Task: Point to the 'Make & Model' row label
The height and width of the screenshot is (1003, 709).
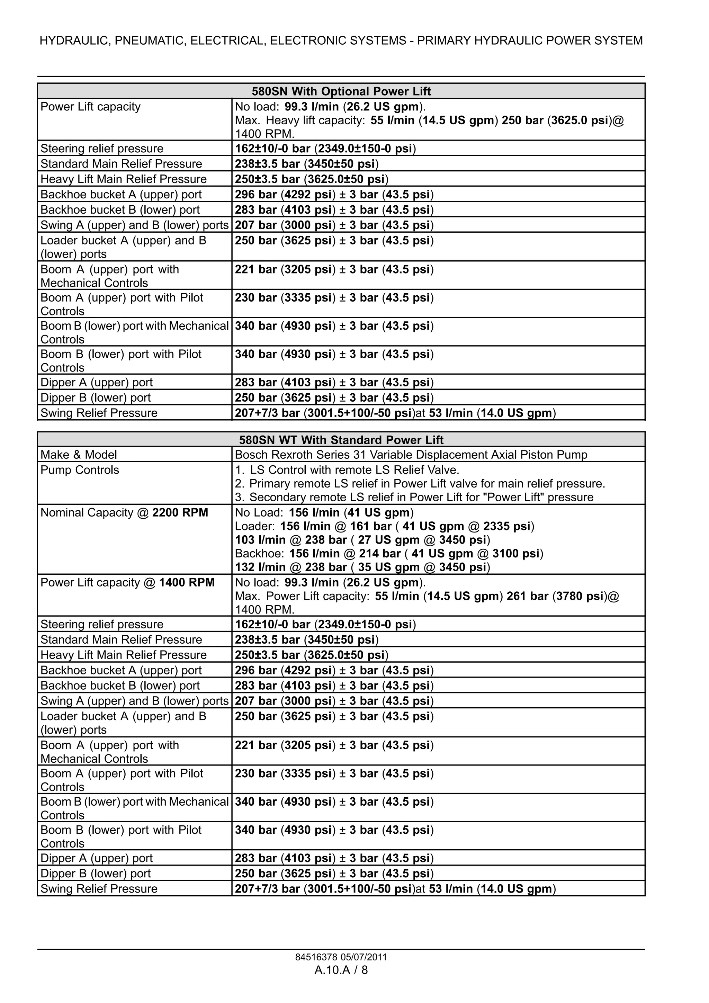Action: coord(79,455)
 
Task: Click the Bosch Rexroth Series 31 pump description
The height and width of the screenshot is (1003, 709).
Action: coord(411,455)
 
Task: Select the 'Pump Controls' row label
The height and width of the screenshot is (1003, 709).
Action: coord(80,470)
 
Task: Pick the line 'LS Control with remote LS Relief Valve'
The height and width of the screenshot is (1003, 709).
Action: coord(354,470)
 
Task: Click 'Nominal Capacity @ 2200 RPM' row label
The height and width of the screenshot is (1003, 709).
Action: coord(124,512)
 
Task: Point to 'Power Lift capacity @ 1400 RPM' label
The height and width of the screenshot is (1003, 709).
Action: coord(127,583)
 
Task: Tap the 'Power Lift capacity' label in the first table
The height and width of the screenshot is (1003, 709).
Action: coord(90,107)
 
